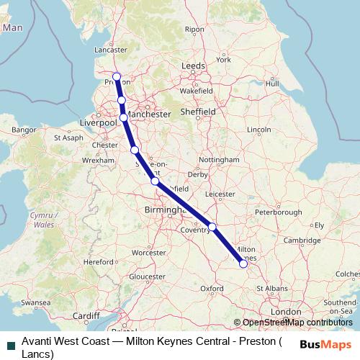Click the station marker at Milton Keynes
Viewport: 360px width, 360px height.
(x=243, y=264)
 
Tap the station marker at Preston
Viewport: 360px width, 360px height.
(x=117, y=76)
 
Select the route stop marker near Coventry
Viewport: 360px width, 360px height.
(x=212, y=228)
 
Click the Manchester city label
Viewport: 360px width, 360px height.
(x=150, y=114)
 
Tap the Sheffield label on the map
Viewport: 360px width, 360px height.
(x=199, y=112)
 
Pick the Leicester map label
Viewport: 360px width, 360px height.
(x=220, y=194)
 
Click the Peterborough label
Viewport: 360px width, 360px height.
(x=278, y=212)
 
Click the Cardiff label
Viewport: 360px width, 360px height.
(x=86, y=315)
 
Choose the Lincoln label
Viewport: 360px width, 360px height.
(x=258, y=130)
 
